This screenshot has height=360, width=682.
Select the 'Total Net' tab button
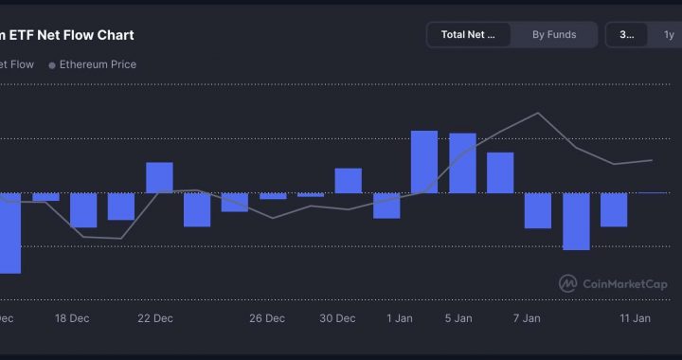coord(468,35)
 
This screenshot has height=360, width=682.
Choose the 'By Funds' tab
coord(553,35)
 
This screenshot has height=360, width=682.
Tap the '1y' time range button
coord(668,35)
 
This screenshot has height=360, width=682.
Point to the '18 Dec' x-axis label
coord(72,318)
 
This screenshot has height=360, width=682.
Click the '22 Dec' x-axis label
coord(155,318)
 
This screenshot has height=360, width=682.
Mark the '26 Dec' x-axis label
coord(267,318)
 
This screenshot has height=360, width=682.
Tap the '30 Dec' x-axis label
coord(338,318)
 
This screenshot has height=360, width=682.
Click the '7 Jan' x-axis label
coord(526,318)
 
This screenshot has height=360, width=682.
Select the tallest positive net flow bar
coord(424,161)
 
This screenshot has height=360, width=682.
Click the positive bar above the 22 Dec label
coord(159,177)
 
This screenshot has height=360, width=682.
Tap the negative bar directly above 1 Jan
coord(386,205)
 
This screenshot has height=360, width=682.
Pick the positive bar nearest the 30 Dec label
coord(349,180)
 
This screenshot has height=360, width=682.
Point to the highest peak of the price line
coord(539,113)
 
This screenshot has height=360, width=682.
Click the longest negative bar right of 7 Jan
coord(576,221)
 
